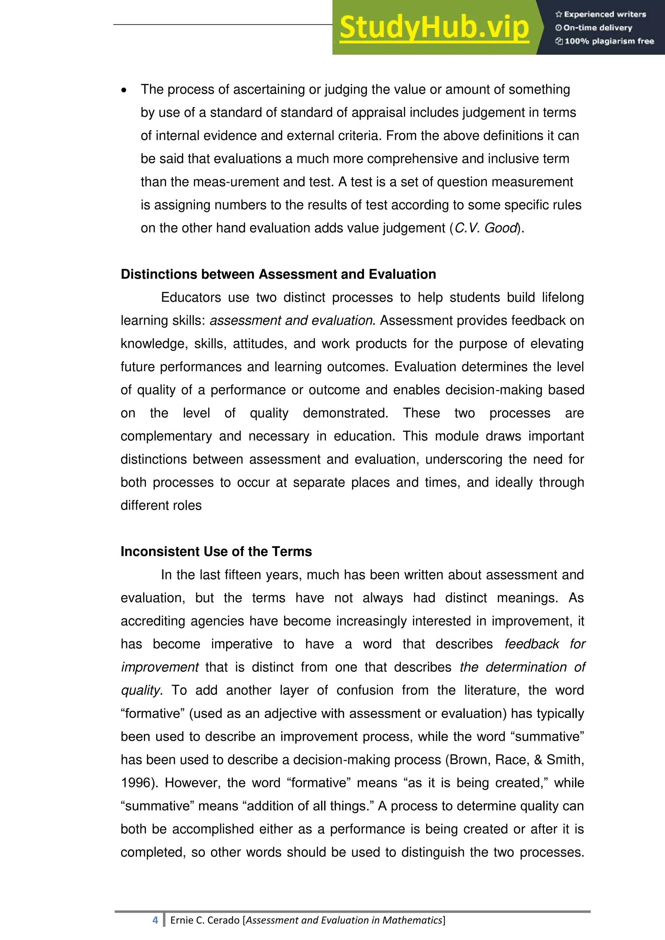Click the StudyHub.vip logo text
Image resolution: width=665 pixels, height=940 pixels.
pos(434,28)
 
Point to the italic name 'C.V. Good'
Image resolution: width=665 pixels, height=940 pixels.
pos(486,228)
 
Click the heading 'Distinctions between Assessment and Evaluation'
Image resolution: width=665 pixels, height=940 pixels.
pos(278,274)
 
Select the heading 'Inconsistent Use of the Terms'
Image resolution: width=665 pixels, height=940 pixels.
pos(216,551)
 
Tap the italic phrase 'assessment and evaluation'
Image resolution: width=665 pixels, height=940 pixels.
pos(292,321)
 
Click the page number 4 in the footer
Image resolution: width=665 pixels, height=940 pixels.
pos(155,920)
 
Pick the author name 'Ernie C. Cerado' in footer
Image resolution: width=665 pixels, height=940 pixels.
pos(206,920)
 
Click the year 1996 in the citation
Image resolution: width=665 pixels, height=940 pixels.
pos(135,783)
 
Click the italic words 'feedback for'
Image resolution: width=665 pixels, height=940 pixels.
pos(545,644)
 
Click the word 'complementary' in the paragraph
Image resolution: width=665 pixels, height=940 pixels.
pos(166,436)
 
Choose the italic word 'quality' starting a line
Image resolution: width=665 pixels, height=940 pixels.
pos(140,690)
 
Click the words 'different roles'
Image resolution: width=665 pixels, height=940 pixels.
pos(161,506)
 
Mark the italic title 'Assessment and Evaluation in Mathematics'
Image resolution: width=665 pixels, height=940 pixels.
pos(344,920)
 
